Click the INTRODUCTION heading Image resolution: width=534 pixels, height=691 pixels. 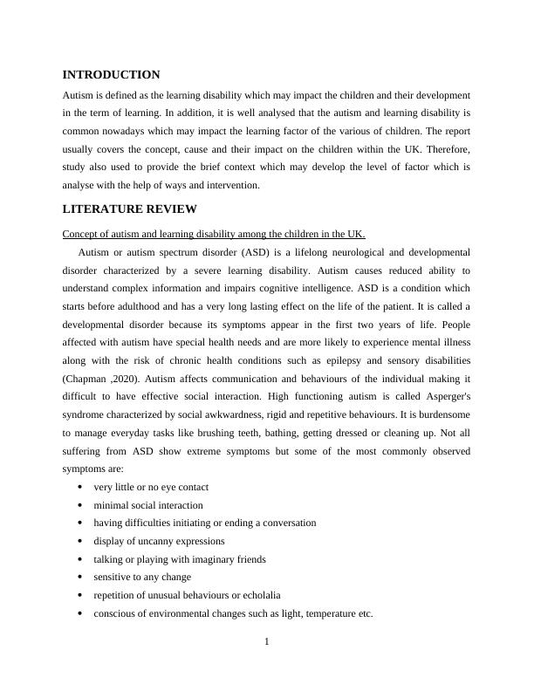(x=111, y=75)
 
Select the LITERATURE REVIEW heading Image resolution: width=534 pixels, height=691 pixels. (x=130, y=209)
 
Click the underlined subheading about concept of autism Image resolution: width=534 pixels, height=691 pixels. (x=214, y=234)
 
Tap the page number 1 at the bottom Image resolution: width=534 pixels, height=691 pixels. (x=267, y=643)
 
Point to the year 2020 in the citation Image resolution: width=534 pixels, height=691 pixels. (x=126, y=379)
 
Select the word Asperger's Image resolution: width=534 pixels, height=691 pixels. (x=443, y=397)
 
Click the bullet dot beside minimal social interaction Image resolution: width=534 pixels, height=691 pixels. (x=80, y=505)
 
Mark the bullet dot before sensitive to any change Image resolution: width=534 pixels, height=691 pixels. (x=80, y=578)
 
